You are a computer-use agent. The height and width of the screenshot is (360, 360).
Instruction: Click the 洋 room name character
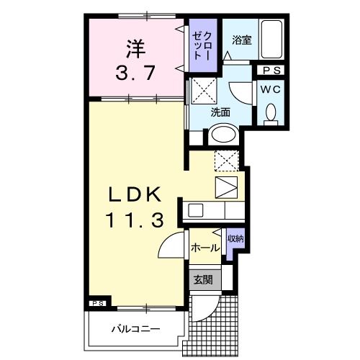pyautogui.click(x=135, y=49)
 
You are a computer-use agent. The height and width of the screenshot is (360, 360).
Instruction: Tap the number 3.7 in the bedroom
pyautogui.click(x=135, y=73)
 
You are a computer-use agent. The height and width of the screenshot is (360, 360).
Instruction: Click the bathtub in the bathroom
pyautogui.click(x=273, y=41)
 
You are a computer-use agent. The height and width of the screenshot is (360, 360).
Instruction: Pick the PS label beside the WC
pyautogui.click(x=271, y=71)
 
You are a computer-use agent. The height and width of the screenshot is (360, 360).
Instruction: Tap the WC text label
pyautogui.click(x=271, y=89)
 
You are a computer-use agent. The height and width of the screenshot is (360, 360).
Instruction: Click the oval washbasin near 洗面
pyautogui.click(x=223, y=135)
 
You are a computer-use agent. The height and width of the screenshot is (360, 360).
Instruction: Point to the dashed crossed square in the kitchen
pyautogui.click(x=226, y=161)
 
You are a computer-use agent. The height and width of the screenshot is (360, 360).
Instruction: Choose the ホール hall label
pyautogui.click(x=205, y=248)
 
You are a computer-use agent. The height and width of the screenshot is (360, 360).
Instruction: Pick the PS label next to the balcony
pyautogui.click(x=98, y=304)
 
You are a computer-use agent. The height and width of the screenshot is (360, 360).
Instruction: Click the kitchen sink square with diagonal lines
pyautogui.click(x=225, y=187)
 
